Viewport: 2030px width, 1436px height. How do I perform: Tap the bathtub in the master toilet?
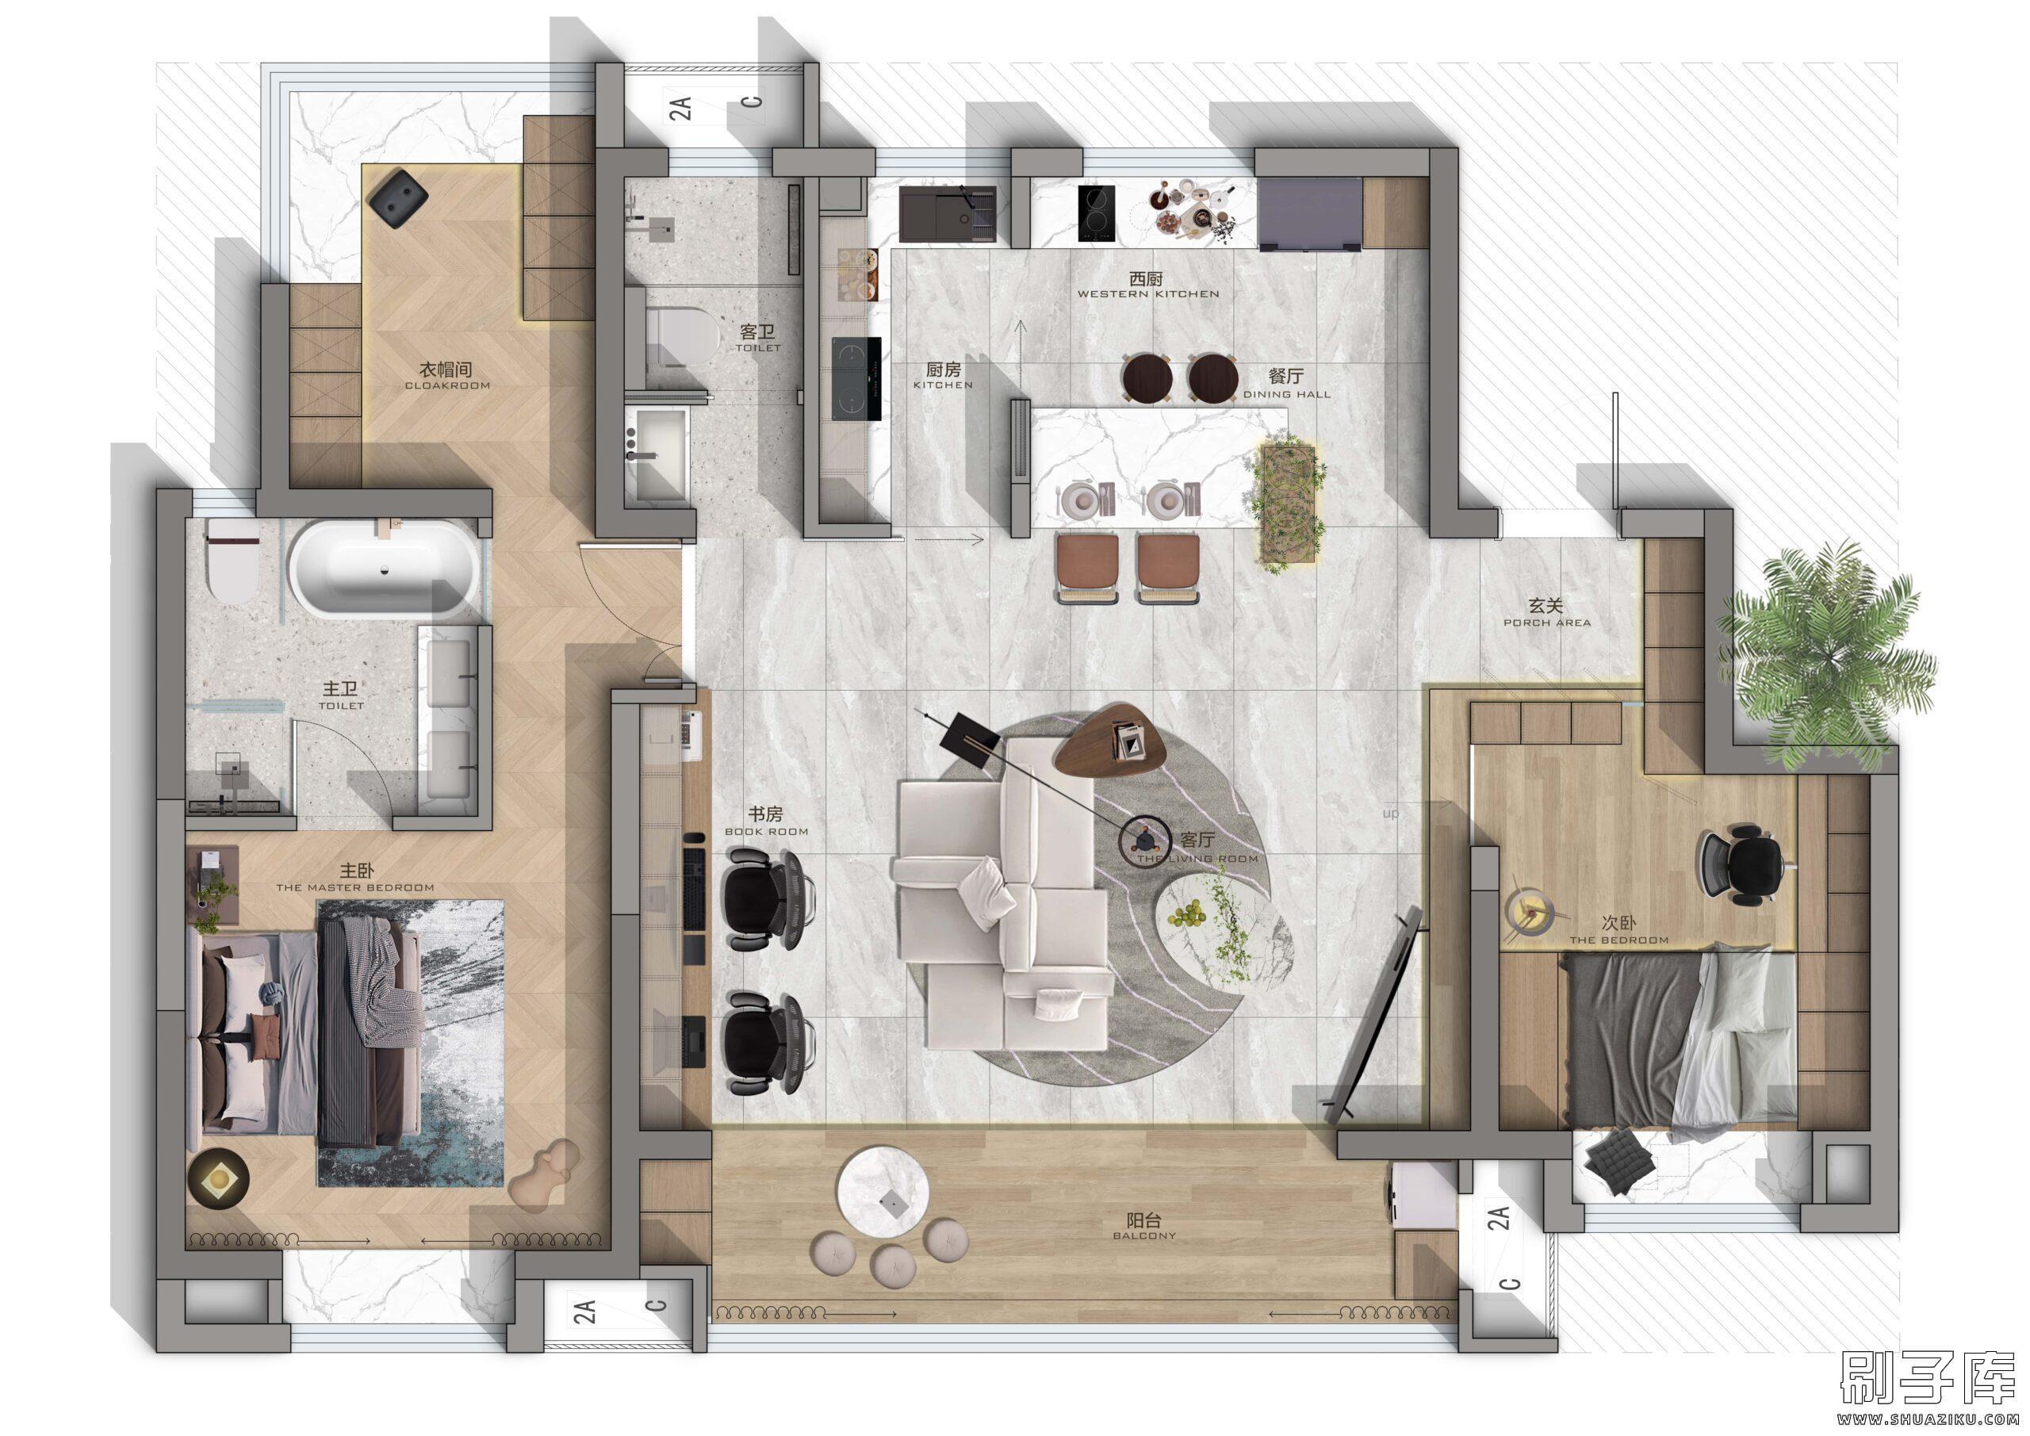point(385,569)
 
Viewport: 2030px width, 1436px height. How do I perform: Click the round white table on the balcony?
point(883,1203)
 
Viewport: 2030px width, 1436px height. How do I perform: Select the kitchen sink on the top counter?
point(947,213)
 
